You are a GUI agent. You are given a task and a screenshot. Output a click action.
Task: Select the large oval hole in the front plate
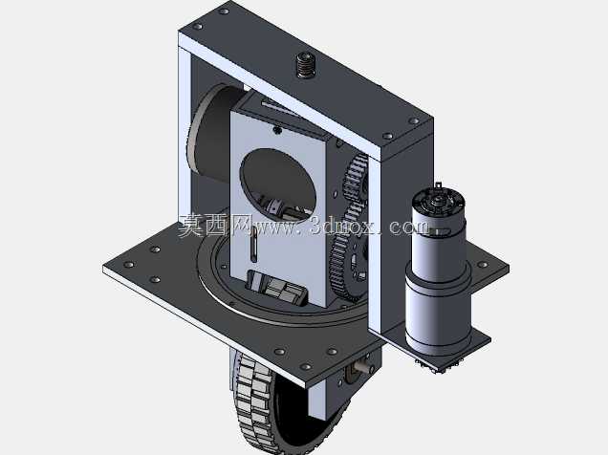pyautogui.click(x=277, y=184)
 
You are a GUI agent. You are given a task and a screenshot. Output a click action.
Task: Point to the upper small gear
pyautogui.click(x=356, y=179)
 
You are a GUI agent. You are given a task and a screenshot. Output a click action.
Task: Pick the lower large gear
pyautogui.click(x=346, y=264)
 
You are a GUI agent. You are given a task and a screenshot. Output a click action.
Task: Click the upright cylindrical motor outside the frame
pyautogui.click(x=438, y=271)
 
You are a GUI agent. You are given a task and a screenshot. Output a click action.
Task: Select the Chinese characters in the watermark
pyautogui.click(x=214, y=226)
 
